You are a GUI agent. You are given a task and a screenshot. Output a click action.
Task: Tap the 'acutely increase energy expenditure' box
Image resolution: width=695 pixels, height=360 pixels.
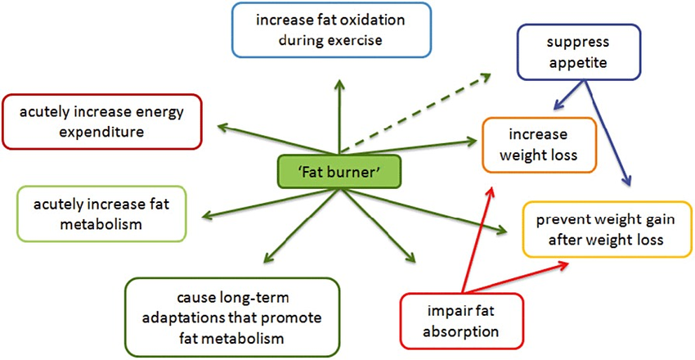tap(102, 122)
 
